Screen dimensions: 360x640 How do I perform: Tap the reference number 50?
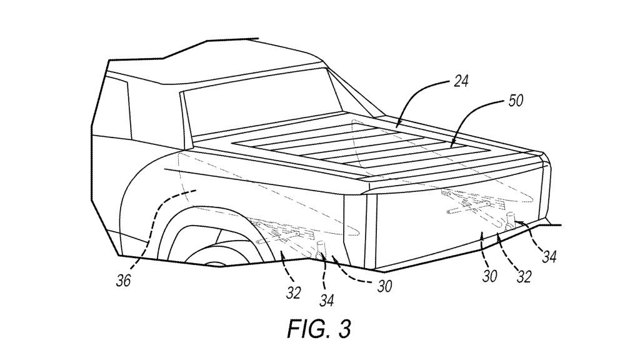516,101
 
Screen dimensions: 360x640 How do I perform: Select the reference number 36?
124,281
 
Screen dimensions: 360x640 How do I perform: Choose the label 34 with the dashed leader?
326,301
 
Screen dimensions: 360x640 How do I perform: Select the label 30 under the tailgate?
490,276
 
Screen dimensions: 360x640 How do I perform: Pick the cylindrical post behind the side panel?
323,250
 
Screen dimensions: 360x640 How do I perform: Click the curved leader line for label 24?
425,100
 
